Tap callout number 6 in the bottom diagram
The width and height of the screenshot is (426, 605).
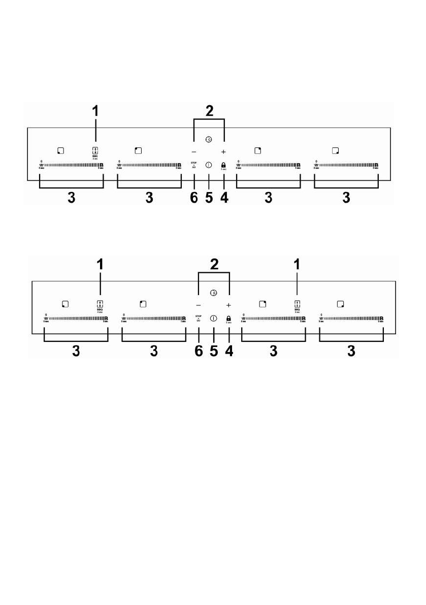tap(199, 351)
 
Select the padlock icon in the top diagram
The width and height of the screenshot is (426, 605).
tap(223, 165)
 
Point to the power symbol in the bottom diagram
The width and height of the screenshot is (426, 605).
tap(213, 319)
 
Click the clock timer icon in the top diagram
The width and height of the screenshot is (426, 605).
tap(209, 140)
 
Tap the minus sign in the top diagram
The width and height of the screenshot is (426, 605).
tap(193, 152)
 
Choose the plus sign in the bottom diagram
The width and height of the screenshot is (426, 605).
tap(228, 305)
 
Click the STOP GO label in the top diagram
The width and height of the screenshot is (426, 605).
tap(193, 165)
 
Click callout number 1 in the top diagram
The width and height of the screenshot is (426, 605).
tap(95, 110)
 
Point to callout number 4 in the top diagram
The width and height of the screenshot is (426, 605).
tap(224, 198)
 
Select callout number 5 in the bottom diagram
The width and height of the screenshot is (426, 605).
tap(214, 351)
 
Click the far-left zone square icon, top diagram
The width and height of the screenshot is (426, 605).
tap(60, 150)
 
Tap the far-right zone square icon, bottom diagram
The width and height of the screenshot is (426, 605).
tap(340, 304)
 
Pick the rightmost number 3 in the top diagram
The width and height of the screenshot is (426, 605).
tap(346, 198)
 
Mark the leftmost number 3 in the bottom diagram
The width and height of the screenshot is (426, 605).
tap(76, 351)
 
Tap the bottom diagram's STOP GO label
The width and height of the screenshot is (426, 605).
tap(199, 319)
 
